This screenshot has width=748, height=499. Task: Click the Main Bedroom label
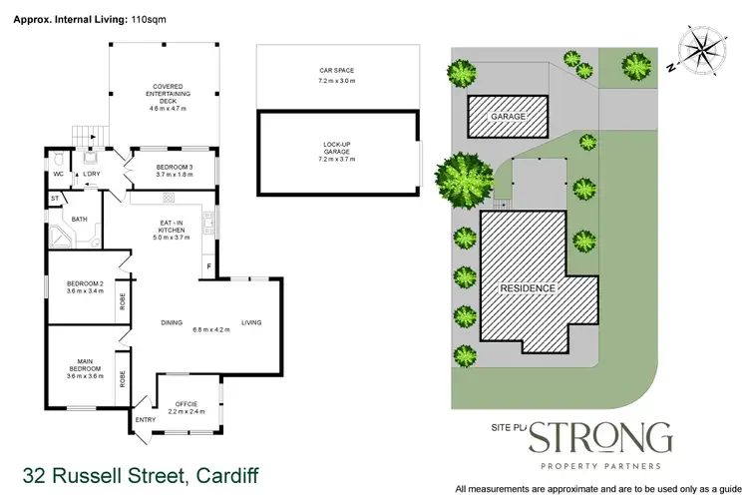(x=85, y=366)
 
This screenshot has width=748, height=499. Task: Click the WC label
(x=58, y=175)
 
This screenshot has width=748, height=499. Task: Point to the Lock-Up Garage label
(x=336, y=153)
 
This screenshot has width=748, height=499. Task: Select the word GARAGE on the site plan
(x=508, y=117)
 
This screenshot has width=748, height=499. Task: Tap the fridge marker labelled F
(x=209, y=267)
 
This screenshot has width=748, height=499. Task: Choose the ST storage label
(x=54, y=200)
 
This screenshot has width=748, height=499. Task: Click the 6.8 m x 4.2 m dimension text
(x=210, y=329)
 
